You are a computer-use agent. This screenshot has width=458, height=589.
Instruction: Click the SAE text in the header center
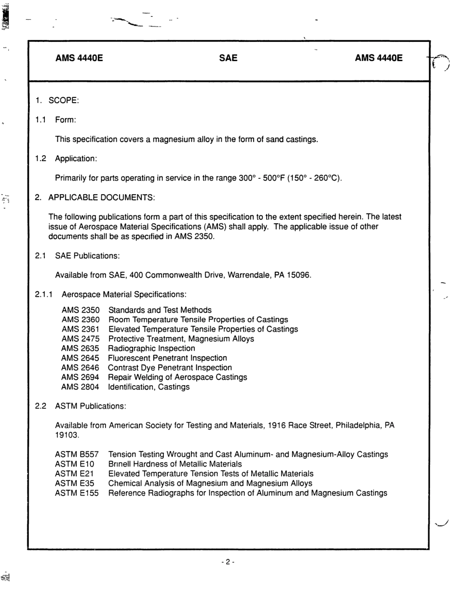[228, 58]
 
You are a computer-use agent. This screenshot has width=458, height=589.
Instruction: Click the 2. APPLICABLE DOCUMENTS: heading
[95, 198]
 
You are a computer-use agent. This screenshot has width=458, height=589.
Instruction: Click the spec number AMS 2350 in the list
[81, 310]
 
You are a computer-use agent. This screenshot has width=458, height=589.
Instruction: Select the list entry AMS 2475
[81, 339]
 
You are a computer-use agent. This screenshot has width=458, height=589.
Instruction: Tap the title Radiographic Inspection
[151, 348]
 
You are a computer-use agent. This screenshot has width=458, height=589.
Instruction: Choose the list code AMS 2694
[80, 377]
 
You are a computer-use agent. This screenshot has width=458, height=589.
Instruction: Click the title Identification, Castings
[148, 387]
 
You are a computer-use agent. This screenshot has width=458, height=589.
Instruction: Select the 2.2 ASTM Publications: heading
[81, 406]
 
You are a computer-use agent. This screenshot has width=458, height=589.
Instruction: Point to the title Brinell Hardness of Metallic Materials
[175, 464]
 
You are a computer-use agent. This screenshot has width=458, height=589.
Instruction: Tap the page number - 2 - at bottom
[228, 562]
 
